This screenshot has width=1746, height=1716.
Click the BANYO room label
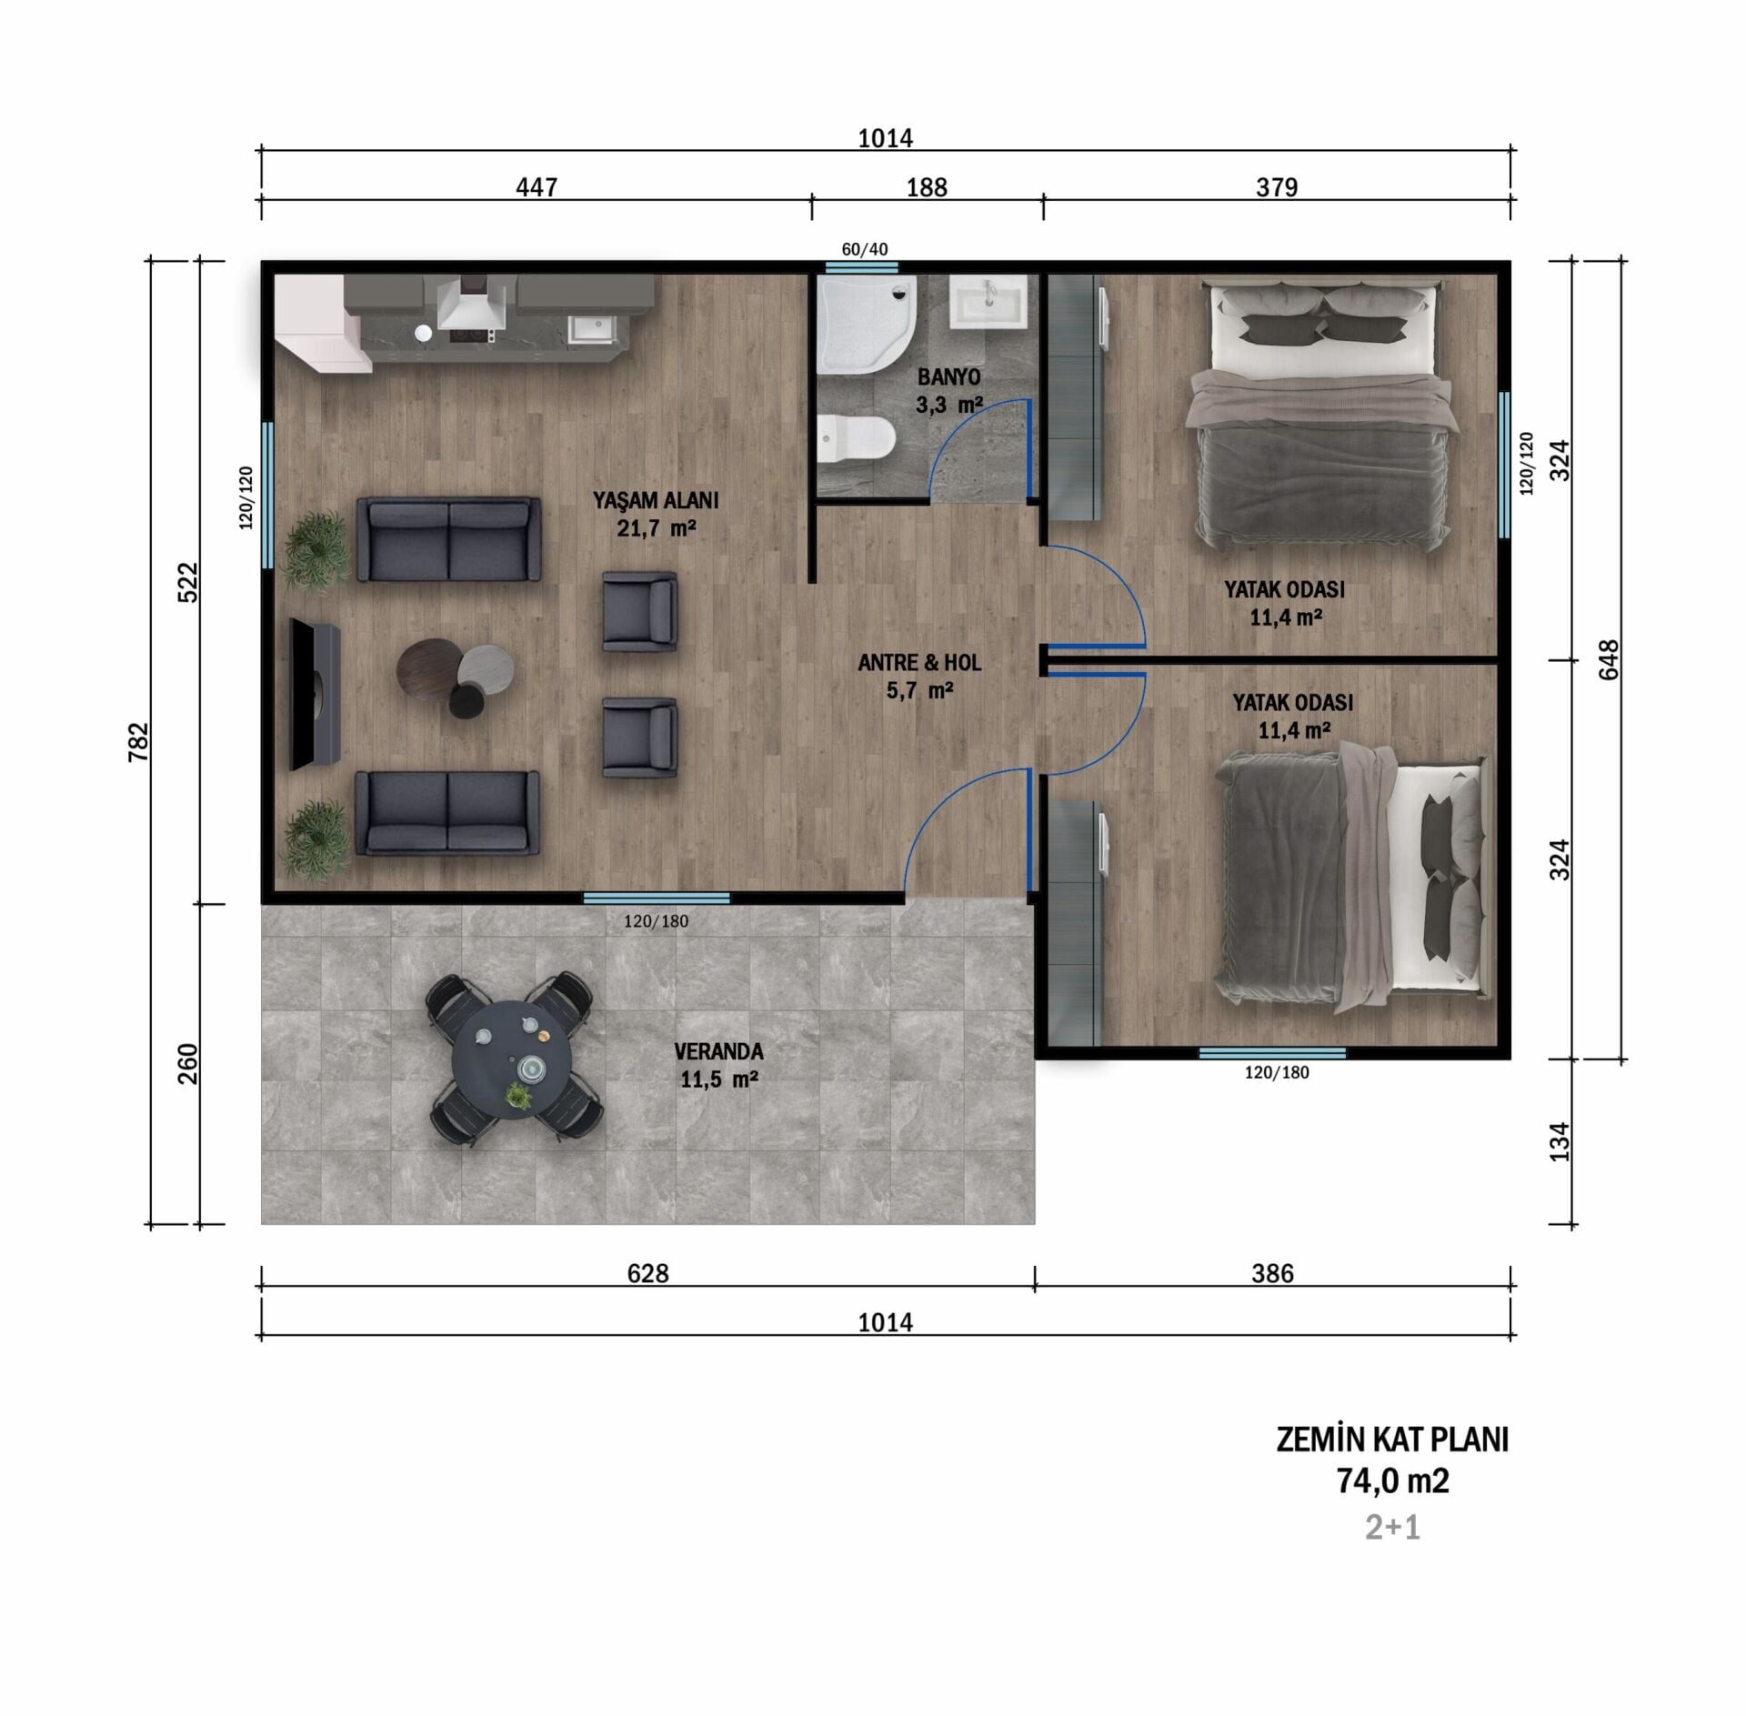(948, 376)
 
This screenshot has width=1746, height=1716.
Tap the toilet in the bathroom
(856, 439)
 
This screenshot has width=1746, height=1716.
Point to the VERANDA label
(718, 1051)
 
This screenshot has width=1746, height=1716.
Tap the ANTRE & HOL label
(919, 663)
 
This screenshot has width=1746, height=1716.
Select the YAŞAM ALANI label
(656, 500)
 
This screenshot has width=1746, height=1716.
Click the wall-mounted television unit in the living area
(314, 694)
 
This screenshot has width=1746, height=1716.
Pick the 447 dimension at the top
(537, 187)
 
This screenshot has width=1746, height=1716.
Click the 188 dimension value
(927, 187)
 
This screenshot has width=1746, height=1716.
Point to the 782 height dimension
(139, 742)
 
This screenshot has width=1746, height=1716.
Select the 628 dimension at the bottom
(647, 1273)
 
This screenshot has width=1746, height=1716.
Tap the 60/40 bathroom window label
(864, 249)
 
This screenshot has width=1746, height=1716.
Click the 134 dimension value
(1560, 1141)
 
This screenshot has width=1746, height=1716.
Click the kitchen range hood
(471, 303)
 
